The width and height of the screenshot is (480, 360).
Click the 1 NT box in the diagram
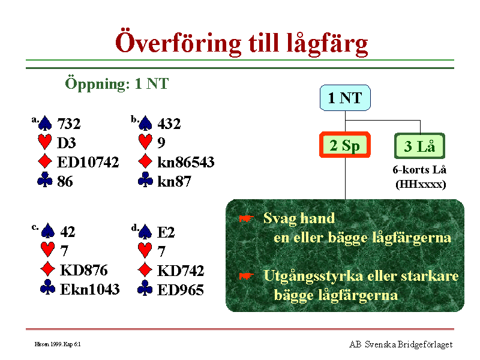345,98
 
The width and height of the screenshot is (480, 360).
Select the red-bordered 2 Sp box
344,145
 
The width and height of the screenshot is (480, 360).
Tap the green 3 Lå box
419,146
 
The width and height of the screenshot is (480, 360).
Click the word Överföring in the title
178,42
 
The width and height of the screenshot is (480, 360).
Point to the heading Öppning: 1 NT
116,83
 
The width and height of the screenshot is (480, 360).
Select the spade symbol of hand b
145,123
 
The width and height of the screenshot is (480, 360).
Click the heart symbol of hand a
44,142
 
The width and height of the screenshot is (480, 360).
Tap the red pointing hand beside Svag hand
247,218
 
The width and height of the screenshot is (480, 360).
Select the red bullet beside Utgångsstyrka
247,276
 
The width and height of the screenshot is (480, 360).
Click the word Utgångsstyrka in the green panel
313,276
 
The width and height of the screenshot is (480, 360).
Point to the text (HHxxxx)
421,184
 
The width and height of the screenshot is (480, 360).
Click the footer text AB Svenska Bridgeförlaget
401,344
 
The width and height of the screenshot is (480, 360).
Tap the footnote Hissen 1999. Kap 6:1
58,344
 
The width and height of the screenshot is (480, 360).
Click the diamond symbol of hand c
48,269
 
